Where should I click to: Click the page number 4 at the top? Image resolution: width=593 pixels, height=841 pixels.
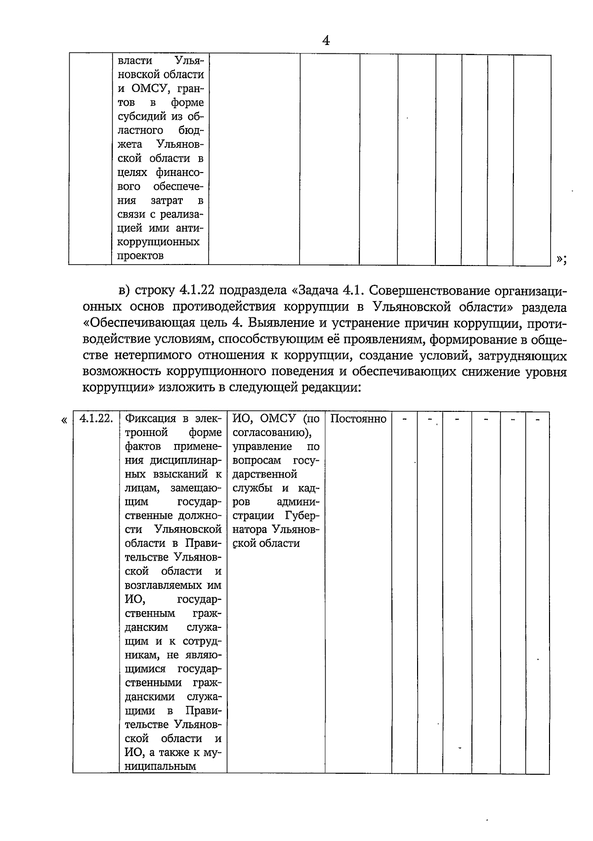(326, 41)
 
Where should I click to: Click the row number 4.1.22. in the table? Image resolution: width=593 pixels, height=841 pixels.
(96, 419)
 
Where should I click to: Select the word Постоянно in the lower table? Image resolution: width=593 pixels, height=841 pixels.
(358, 419)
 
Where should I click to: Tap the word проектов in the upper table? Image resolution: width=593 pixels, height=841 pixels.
(141, 256)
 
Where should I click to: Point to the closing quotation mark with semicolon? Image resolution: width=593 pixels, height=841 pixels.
(561, 259)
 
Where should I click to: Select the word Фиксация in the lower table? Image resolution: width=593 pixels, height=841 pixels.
(150, 419)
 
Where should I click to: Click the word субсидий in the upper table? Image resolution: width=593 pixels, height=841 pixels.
(144, 117)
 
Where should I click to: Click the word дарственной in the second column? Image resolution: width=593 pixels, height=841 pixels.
(264, 474)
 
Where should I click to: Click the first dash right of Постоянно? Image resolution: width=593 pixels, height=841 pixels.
(405, 419)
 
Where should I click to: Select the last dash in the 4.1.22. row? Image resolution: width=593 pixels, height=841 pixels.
(538, 419)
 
